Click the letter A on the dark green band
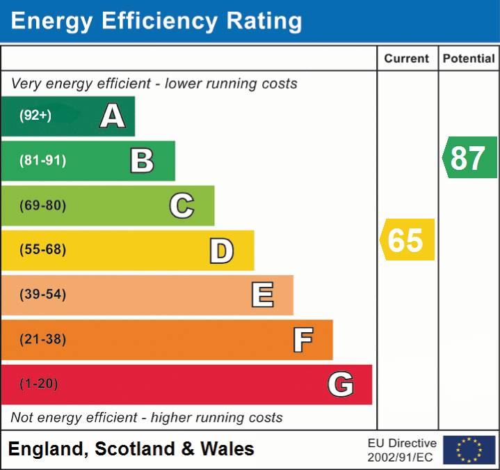pos(113,116)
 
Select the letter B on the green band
pos(142,161)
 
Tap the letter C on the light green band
pos(182,205)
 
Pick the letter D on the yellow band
pos(221,251)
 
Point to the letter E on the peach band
pos(261,295)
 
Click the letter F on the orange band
pos(302,340)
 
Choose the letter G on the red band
pos(341,384)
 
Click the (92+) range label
pos(35,116)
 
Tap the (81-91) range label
pos(42,161)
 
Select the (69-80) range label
pos(42,205)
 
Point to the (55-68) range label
pos(42,250)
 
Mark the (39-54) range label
pos(42,295)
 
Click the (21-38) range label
pos(42,340)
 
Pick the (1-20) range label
pos(39,384)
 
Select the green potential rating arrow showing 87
pos(469,157)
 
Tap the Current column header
pos(408,59)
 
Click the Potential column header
pos(469,59)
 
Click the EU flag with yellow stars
pos(469,450)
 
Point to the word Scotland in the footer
pos(135,449)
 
